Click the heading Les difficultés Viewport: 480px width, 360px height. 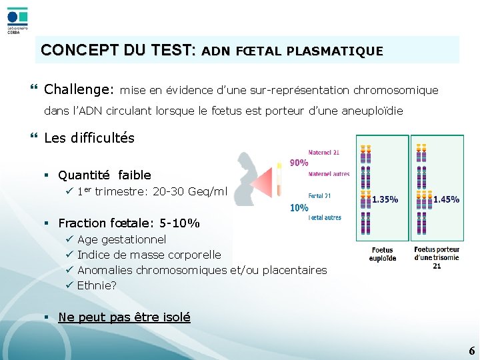point(89,138)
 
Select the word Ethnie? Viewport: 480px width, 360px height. point(97,285)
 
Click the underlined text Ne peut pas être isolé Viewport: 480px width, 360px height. point(124,317)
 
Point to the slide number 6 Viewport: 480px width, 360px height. point(471,351)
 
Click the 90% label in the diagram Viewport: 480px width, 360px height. point(299,163)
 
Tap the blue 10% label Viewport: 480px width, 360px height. point(299,207)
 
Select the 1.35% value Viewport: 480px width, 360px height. point(385,199)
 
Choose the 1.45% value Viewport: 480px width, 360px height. point(446,199)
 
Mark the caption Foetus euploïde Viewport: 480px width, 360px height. point(383,254)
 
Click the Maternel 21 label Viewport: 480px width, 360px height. point(325,153)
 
